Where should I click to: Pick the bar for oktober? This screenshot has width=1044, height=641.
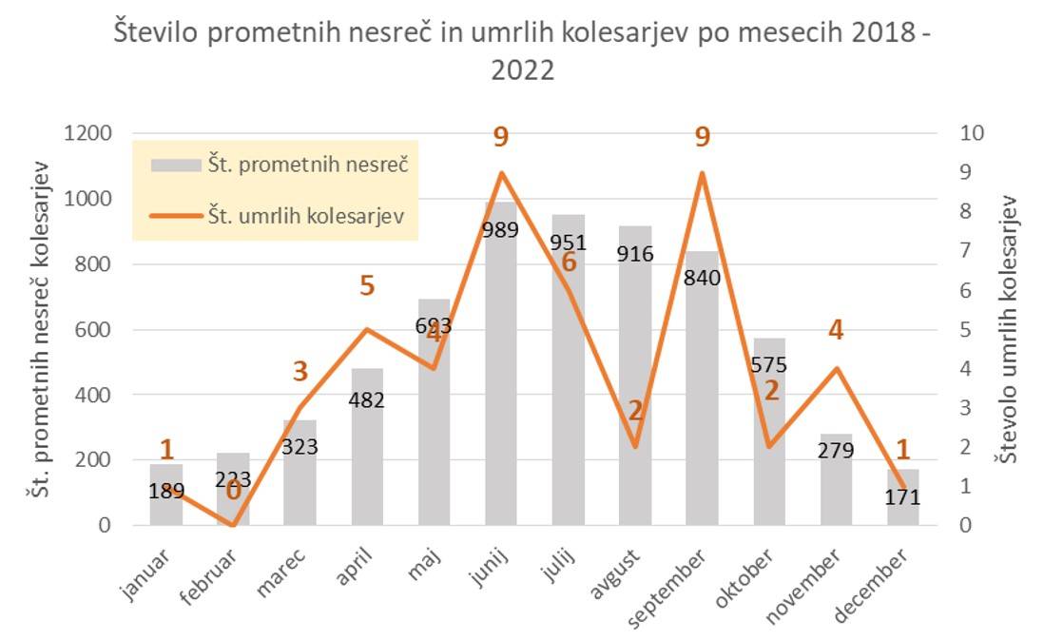pyautogui.click(x=770, y=447)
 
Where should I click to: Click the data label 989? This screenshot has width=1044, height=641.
pyautogui.click(x=501, y=228)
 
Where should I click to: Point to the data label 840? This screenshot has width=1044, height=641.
pyautogui.click(x=703, y=278)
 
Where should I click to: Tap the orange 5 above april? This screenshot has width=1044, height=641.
pyautogui.click(x=367, y=284)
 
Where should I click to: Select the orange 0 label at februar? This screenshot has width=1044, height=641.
pyautogui.click(x=232, y=489)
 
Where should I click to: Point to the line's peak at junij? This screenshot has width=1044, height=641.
pyautogui.click(x=501, y=173)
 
